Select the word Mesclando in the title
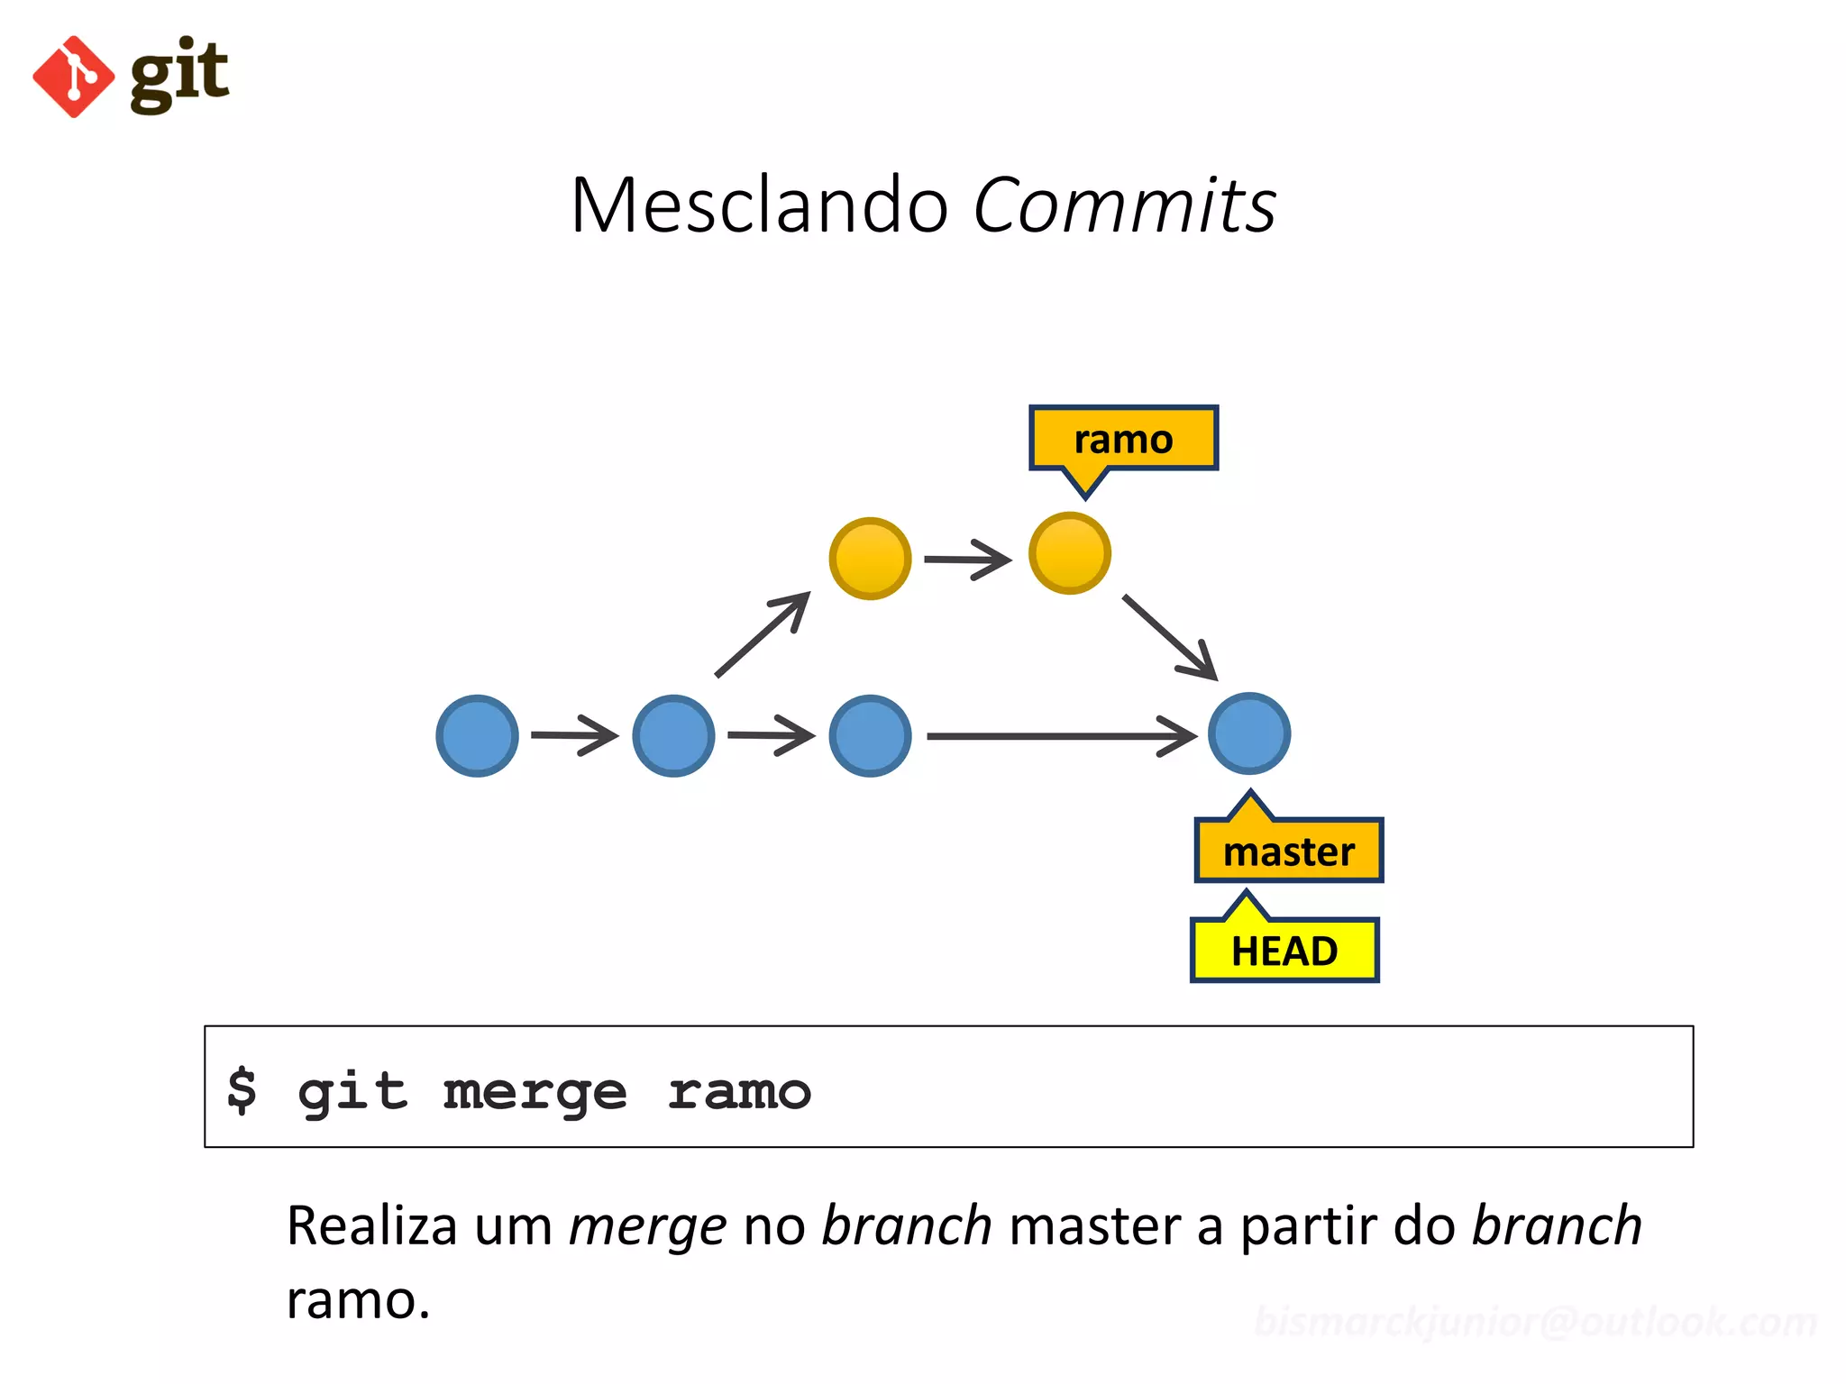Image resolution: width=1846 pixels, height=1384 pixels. point(759,205)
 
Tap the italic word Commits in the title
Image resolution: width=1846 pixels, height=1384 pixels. point(1124,205)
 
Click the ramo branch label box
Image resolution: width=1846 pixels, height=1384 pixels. point(1123,439)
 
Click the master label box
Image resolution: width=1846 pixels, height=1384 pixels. point(1289,851)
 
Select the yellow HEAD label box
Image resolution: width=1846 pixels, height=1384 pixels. point(1284,951)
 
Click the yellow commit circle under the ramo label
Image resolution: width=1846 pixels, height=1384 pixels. point(1069,553)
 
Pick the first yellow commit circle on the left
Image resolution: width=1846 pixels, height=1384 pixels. point(870,559)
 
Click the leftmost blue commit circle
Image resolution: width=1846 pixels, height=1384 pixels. point(477,735)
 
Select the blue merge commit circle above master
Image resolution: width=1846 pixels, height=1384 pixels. point(1248,733)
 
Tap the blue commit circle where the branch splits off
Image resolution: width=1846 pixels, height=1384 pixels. point(673,735)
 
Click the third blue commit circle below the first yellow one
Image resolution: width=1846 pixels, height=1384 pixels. point(870,735)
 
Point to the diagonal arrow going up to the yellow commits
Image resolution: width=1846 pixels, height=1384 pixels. point(763,633)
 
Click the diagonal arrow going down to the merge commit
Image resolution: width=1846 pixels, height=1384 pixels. point(1169,636)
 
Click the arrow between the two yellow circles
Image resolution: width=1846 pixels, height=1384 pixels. point(967,560)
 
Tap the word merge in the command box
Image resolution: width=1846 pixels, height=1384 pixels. point(535,1092)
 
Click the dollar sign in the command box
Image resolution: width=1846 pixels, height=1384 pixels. point(242,1090)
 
